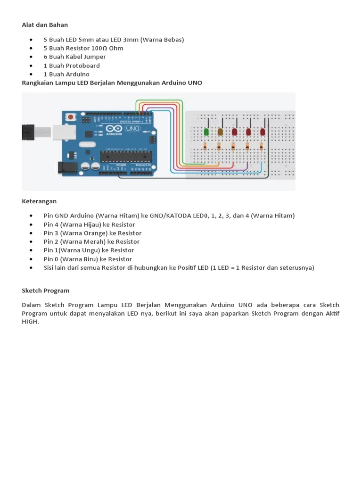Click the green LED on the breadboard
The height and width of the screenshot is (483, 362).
click(x=206, y=132)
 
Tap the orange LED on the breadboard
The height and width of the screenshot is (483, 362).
click(x=220, y=132)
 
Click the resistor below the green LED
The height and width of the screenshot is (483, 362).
click(x=206, y=147)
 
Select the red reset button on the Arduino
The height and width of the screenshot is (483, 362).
click(x=71, y=116)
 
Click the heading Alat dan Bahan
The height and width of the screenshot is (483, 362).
click(x=45, y=25)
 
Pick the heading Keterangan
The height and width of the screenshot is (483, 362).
click(x=39, y=201)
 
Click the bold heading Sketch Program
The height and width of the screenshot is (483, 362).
click(x=45, y=291)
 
